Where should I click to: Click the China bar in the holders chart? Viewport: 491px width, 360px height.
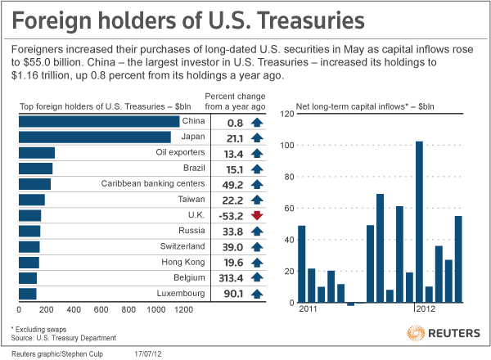pos(98,121)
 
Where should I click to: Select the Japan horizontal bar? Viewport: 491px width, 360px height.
pos(94,137)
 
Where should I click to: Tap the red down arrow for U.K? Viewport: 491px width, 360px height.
pos(256,215)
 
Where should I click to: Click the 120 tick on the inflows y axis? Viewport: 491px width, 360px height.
pos(286,114)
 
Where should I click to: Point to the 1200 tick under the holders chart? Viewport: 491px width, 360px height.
pos(182,311)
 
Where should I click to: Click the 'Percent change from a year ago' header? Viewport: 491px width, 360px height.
pos(237,101)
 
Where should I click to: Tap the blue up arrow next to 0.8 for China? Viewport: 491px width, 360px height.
pos(256,122)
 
